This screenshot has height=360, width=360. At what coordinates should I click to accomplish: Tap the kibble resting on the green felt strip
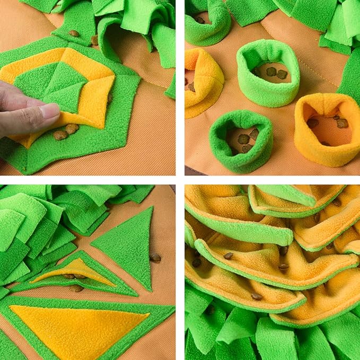74,33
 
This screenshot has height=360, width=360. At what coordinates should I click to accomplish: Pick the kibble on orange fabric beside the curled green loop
94,40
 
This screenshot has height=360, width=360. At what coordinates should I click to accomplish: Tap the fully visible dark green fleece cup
241,141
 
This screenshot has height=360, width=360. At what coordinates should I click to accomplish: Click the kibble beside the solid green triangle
156,258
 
